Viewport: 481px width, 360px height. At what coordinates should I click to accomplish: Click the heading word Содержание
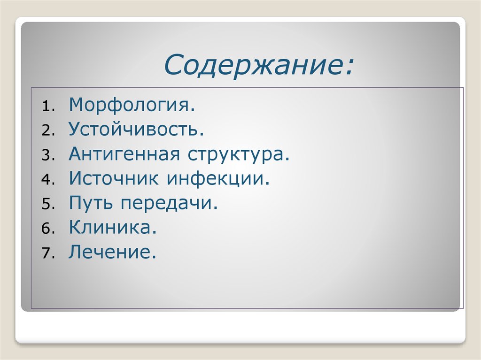point(256,65)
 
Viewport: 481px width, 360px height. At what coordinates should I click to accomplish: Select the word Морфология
point(131,105)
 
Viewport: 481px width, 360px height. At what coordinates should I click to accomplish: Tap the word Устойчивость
point(136,130)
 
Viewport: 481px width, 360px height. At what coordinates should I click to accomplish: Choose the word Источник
point(112,178)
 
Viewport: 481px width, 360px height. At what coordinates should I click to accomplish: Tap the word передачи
point(170,203)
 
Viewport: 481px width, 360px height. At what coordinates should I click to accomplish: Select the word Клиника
point(112,228)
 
